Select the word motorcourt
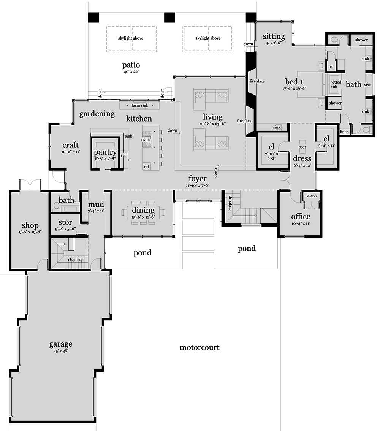point(199,347)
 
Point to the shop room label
point(30,225)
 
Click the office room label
point(301,217)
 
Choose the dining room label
point(143,210)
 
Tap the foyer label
point(198,179)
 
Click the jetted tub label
point(336,84)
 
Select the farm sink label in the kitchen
point(139,105)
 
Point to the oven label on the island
point(146,139)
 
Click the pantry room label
point(105,152)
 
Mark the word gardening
point(97,113)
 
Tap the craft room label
point(71,145)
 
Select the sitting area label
point(274,36)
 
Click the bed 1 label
point(294,82)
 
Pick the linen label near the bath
point(344,132)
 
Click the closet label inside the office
point(311,196)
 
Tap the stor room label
point(65,222)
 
